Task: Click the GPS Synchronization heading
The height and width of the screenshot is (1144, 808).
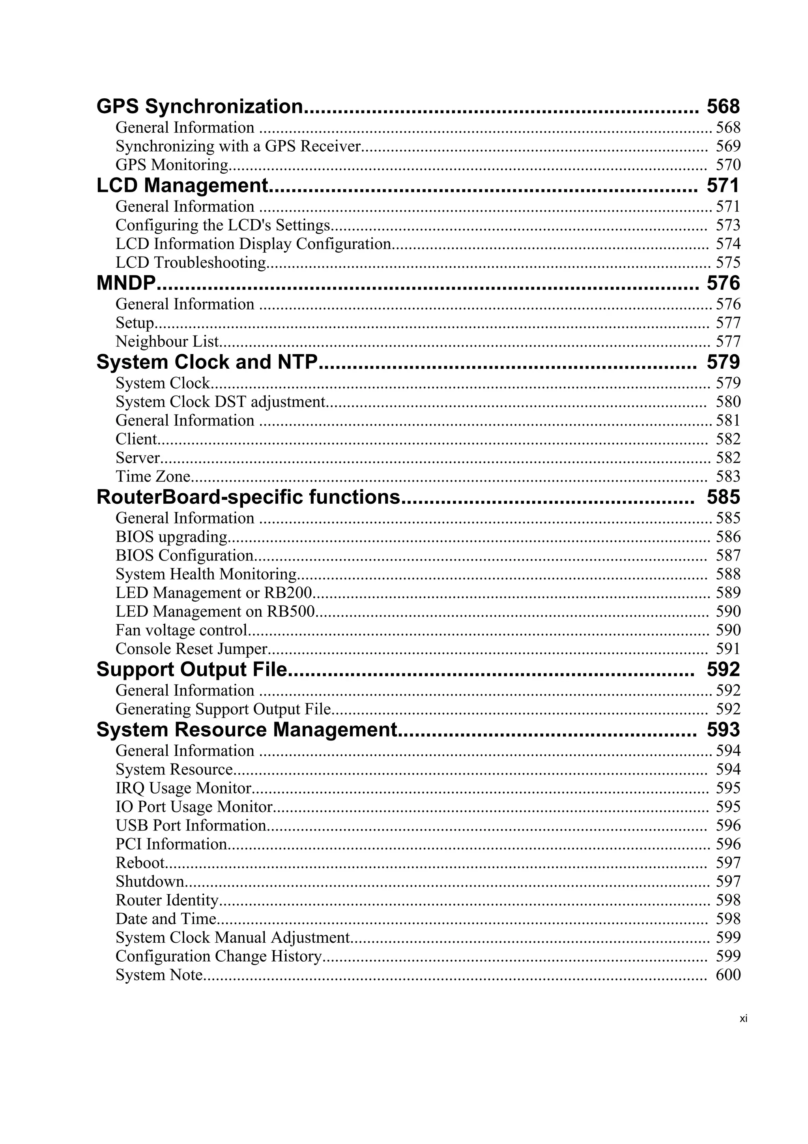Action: (199, 107)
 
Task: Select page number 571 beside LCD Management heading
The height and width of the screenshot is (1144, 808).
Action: (723, 186)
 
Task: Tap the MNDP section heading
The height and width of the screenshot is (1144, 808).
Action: (126, 283)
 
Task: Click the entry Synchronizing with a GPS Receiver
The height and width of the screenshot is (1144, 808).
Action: (238, 146)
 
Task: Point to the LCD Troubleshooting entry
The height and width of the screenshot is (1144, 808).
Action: (191, 263)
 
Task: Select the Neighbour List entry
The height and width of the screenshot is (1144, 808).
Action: (167, 341)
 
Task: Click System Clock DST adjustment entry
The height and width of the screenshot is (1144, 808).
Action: (220, 401)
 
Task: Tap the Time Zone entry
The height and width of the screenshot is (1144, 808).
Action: (153, 476)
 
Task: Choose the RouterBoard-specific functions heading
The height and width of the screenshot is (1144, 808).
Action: (248, 497)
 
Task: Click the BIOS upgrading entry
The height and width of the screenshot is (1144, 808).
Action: (171, 536)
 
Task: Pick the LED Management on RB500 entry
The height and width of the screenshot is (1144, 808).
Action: (215, 611)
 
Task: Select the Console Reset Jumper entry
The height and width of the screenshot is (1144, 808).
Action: (192, 649)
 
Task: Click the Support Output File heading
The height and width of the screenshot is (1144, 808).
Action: (192, 669)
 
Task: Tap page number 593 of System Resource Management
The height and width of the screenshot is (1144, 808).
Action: (723, 730)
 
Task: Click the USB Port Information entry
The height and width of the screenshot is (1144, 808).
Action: (191, 825)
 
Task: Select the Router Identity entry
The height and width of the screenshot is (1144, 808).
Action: (167, 900)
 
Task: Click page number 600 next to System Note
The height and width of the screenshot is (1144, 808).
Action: (728, 975)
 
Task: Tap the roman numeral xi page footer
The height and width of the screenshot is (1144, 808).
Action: (743, 1019)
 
